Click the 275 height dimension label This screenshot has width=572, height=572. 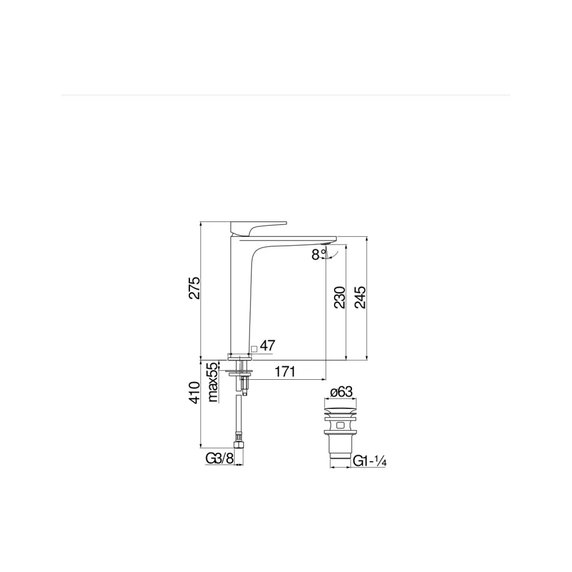coord(194,288)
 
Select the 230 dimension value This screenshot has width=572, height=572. coord(339,297)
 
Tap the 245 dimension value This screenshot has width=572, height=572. coord(360,297)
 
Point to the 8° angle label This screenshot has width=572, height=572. coord(319,254)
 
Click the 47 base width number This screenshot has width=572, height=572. coord(267,345)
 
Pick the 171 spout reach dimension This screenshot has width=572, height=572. coord(285,372)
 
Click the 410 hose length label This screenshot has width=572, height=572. coord(194,392)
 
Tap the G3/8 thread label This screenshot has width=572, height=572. coord(219,458)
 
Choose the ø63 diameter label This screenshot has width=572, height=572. coord(341,392)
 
